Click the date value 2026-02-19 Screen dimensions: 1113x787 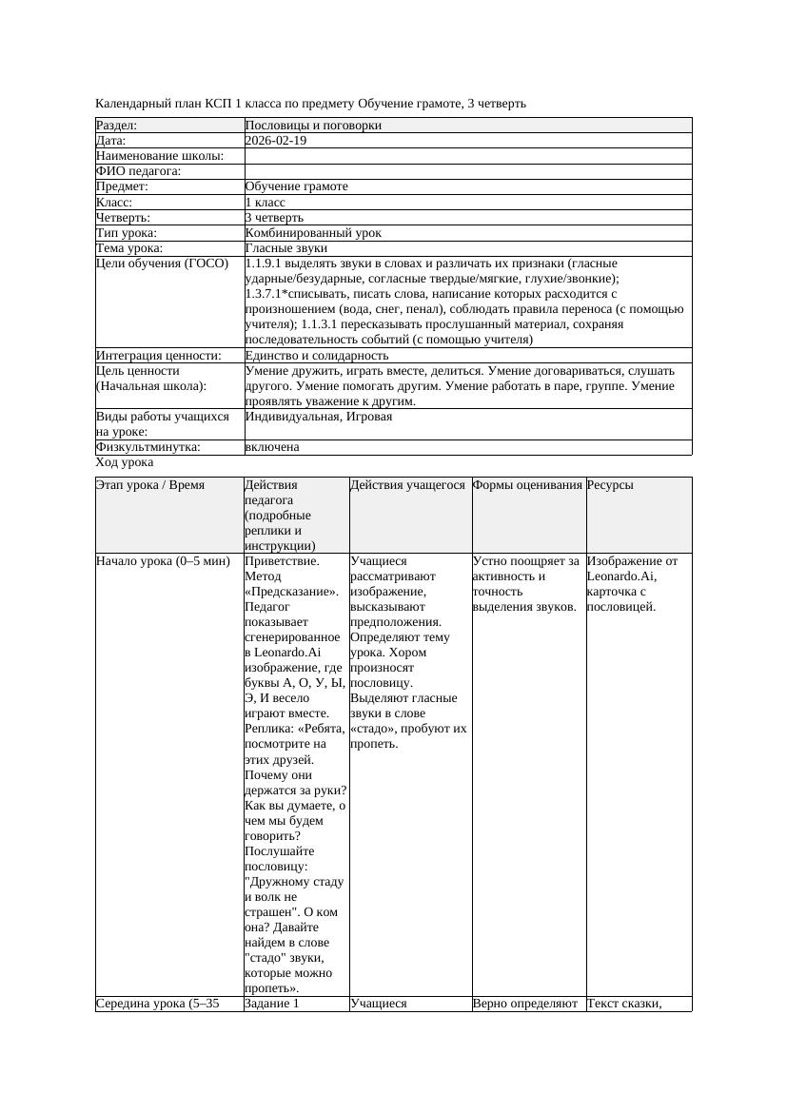click(x=276, y=141)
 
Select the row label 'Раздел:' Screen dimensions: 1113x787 click(x=117, y=126)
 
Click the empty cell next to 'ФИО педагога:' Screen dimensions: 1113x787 click(x=466, y=171)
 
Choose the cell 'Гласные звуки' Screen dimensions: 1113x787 click(x=285, y=248)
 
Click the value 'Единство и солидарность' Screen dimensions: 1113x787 click(x=317, y=356)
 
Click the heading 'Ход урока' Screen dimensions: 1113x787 click(x=125, y=462)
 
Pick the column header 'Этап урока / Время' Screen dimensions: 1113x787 click(x=150, y=485)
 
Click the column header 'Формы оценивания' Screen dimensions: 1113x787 click(x=527, y=485)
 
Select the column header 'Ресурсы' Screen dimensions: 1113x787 click(x=610, y=485)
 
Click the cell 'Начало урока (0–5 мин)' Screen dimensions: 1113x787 click(x=163, y=561)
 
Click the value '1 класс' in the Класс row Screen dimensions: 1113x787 click(x=266, y=203)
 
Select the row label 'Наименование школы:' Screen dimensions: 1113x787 click(x=160, y=156)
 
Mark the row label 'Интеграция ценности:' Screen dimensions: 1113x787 click(x=158, y=356)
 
